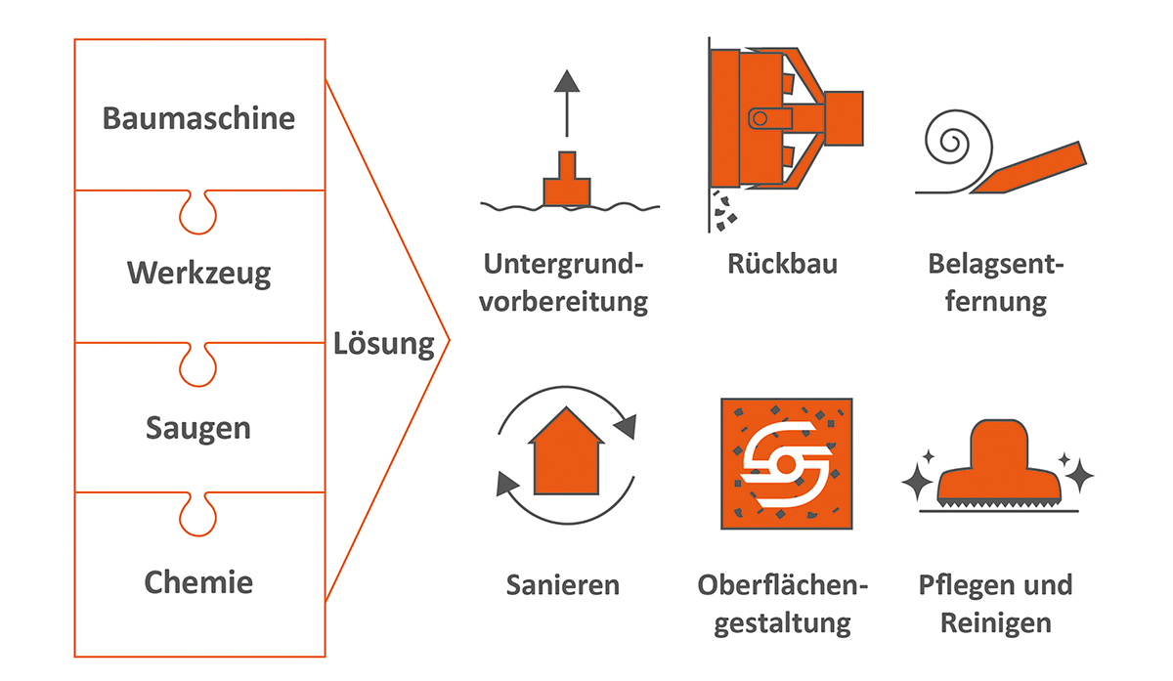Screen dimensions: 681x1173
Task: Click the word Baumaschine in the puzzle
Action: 198,118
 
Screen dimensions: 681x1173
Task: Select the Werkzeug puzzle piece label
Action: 198,273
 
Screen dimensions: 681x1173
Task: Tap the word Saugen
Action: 198,428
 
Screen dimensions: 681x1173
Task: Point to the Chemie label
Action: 198,583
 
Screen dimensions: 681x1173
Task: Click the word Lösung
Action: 383,344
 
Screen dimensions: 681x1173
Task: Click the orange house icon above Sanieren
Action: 566,451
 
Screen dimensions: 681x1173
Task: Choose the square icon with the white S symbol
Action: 785,459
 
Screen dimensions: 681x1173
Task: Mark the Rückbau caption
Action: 782,264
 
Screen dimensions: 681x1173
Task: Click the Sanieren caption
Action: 563,584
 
